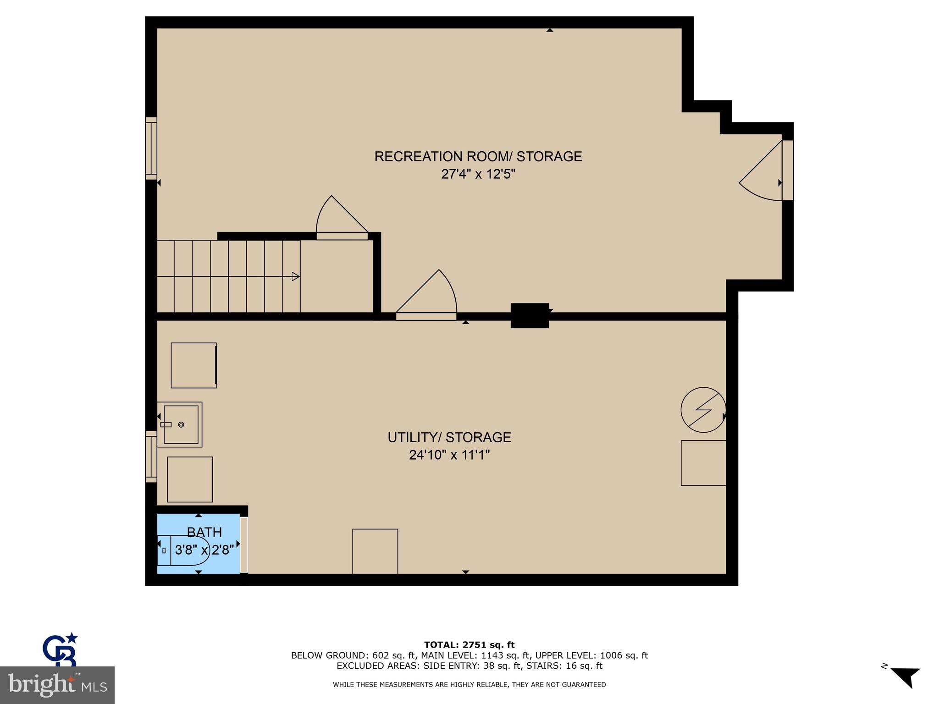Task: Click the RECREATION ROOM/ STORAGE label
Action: tap(478, 157)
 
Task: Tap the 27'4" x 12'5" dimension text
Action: tap(478, 175)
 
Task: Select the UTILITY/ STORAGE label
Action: tap(449, 437)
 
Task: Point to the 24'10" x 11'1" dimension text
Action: tap(449, 455)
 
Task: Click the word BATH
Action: tap(204, 532)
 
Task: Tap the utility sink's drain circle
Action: tap(181, 425)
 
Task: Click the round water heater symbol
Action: tap(703, 410)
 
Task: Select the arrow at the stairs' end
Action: tap(296, 276)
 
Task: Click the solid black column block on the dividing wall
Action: tap(530, 315)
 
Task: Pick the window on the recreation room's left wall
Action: tap(151, 148)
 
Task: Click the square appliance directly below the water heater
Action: tap(703, 463)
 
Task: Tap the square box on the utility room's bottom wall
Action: tap(375, 551)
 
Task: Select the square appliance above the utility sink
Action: tap(193, 365)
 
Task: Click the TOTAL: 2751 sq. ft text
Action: tap(469, 645)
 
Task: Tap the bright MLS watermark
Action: tap(57, 685)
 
